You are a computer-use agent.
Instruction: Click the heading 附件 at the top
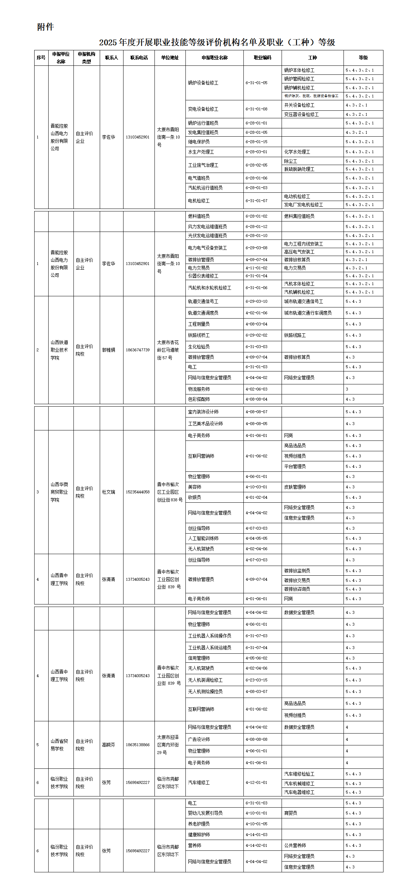(x=45, y=27)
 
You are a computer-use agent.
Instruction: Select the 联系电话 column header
(x=139, y=58)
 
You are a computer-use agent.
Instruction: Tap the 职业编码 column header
(x=262, y=58)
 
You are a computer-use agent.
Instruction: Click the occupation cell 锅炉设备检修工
(x=203, y=83)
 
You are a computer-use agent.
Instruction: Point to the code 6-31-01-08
(x=256, y=109)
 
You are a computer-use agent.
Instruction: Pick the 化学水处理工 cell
(x=297, y=152)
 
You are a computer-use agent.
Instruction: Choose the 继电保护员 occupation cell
(x=199, y=142)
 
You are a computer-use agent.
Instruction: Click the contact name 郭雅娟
(x=108, y=350)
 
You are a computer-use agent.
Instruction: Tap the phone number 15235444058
(x=138, y=492)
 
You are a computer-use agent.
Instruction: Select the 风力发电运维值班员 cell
(x=207, y=227)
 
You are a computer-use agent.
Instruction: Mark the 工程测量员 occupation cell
(x=199, y=324)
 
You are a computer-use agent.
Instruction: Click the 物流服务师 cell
(x=199, y=389)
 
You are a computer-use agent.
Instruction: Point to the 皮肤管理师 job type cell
(x=295, y=487)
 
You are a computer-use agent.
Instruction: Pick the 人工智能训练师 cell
(x=203, y=538)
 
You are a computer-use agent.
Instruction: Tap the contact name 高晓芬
(x=108, y=745)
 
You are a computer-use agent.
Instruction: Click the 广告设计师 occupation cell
(x=199, y=739)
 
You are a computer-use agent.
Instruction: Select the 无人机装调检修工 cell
(x=205, y=680)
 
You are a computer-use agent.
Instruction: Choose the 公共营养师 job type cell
(x=295, y=845)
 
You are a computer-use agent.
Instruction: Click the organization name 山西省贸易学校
(x=59, y=745)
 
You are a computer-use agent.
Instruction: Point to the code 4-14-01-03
(x=256, y=835)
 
